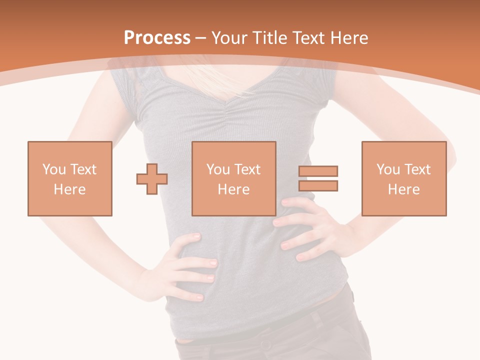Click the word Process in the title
pyautogui.click(x=157, y=38)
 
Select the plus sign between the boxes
pyautogui.click(x=152, y=179)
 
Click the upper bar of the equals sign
pyautogui.click(x=318, y=171)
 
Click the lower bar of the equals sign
pyautogui.click(x=318, y=186)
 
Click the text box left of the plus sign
pyautogui.click(x=70, y=178)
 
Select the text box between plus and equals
pyautogui.click(x=234, y=178)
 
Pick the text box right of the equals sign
pyautogui.click(x=404, y=178)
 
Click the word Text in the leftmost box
pyautogui.click(x=83, y=169)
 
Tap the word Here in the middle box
pyautogui.click(x=234, y=189)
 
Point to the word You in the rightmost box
pyautogui.click(x=388, y=169)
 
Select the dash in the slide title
pyautogui.click(x=201, y=38)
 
